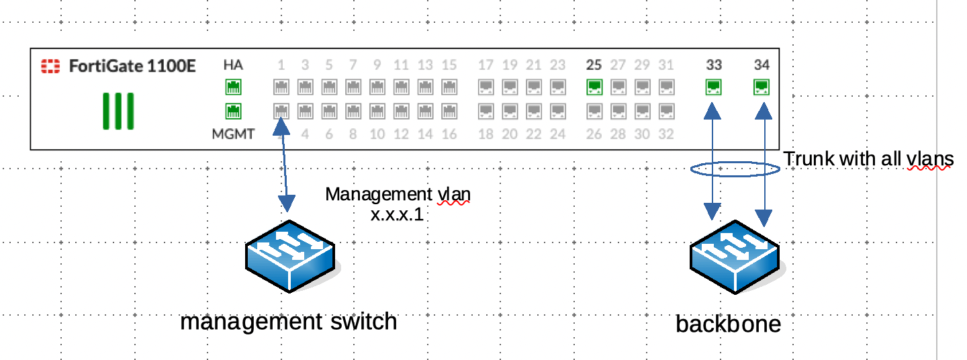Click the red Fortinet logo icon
point(50,66)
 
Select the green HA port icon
point(233,87)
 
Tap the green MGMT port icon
point(233,111)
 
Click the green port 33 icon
point(714,87)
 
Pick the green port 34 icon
point(762,87)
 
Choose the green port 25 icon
point(594,87)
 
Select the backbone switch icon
point(735,257)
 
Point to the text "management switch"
point(289,322)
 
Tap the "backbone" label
point(729,324)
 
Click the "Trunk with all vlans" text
point(868,159)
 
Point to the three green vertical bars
point(118,111)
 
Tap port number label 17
point(486,65)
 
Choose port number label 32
point(665,134)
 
